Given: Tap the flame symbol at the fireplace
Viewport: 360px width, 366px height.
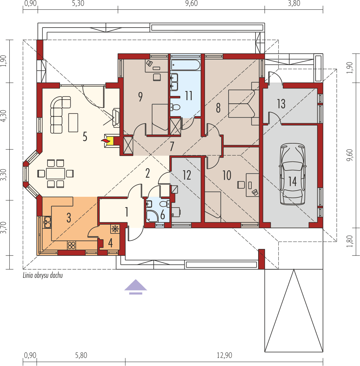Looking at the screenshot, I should tap(105, 140).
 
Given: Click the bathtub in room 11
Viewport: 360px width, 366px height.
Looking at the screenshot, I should tap(186, 65).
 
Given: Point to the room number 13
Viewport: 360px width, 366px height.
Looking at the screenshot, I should tap(281, 104).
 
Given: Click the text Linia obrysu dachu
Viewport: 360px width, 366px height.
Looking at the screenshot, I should tap(42, 276).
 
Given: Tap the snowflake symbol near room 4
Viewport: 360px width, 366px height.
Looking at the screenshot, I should tap(115, 229).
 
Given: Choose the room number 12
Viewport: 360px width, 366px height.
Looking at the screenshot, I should tap(187, 175).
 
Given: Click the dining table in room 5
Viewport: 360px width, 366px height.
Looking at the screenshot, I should tap(55, 173).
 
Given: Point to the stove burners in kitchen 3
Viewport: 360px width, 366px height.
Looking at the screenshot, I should tap(71, 245).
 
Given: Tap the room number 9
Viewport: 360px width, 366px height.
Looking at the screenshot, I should tap(140, 97).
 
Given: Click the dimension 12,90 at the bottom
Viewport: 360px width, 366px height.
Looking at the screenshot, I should tap(224, 355).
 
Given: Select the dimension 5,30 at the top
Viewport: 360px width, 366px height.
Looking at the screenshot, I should tap(78, 4).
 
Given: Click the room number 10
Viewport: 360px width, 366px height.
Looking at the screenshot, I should tap(227, 175).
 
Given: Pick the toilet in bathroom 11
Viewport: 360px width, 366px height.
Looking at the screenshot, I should tap(175, 106).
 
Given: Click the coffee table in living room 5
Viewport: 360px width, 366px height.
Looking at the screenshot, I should tap(73, 122).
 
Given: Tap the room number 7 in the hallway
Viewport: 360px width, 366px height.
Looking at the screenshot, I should tap(172, 147).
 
